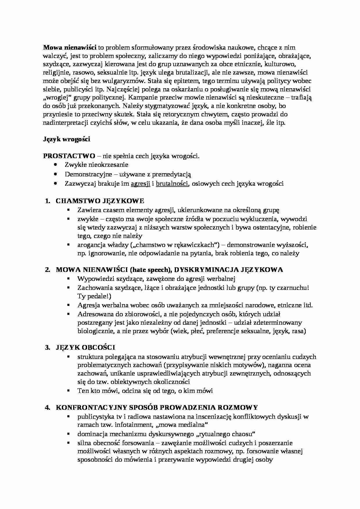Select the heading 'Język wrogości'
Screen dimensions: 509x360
[67, 139]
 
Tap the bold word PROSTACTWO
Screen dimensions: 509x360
[69, 156]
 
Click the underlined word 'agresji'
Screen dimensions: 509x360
[141, 183]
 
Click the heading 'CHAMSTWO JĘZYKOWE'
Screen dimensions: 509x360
[100, 201]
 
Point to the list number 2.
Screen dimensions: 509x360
[48, 270]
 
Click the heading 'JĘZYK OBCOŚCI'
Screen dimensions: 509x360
[85, 347]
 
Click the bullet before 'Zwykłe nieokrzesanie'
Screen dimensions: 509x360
[56, 165]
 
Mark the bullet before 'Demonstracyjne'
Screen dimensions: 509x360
[56, 174]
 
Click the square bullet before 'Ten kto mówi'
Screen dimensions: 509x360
[69, 391]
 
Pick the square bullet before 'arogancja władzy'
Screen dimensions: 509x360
[69, 245]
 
